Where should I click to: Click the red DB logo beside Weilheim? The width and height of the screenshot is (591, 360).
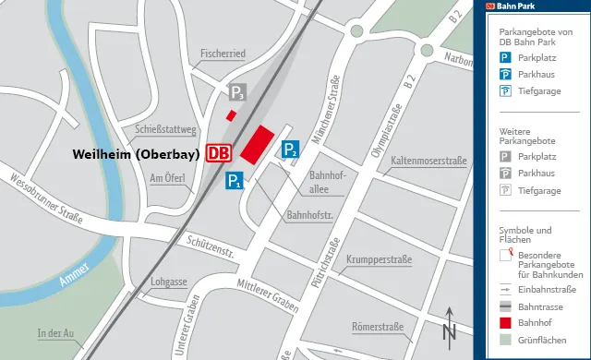tap(219, 153)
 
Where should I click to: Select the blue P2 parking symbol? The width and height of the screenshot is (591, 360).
tap(291, 150)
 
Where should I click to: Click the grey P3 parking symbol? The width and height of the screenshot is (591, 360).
tap(237, 92)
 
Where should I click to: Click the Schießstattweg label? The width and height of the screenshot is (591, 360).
tap(166, 130)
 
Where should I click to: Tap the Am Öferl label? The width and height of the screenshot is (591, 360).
tap(168, 178)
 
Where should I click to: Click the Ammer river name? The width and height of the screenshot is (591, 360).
tap(74, 274)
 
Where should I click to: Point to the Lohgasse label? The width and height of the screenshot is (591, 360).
tap(169, 282)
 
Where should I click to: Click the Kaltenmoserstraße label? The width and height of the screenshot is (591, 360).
tap(428, 162)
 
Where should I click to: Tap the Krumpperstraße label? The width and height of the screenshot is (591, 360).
tap(380, 259)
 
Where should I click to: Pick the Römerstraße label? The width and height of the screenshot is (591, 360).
tap(379, 328)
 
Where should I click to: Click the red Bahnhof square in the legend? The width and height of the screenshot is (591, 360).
tap(505, 323)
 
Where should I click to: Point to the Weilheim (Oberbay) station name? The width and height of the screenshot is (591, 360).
tap(138, 154)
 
